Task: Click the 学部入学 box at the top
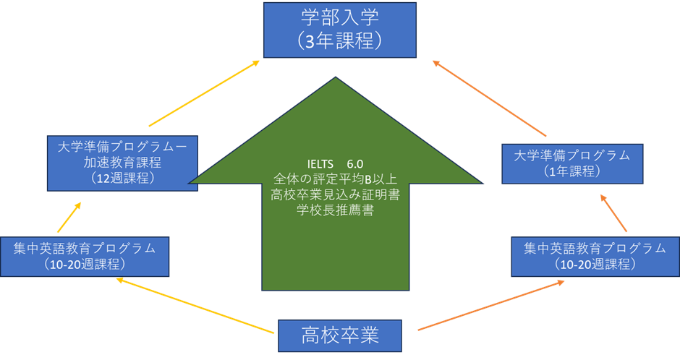pos(339,29)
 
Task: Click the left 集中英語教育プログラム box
pos(85,256)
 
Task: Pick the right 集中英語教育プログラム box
pos(595,256)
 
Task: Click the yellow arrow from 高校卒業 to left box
pos(195,307)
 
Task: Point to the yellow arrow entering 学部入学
pos(205,93)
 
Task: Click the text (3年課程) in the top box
pos(339,40)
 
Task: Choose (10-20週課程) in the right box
pos(595,265)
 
